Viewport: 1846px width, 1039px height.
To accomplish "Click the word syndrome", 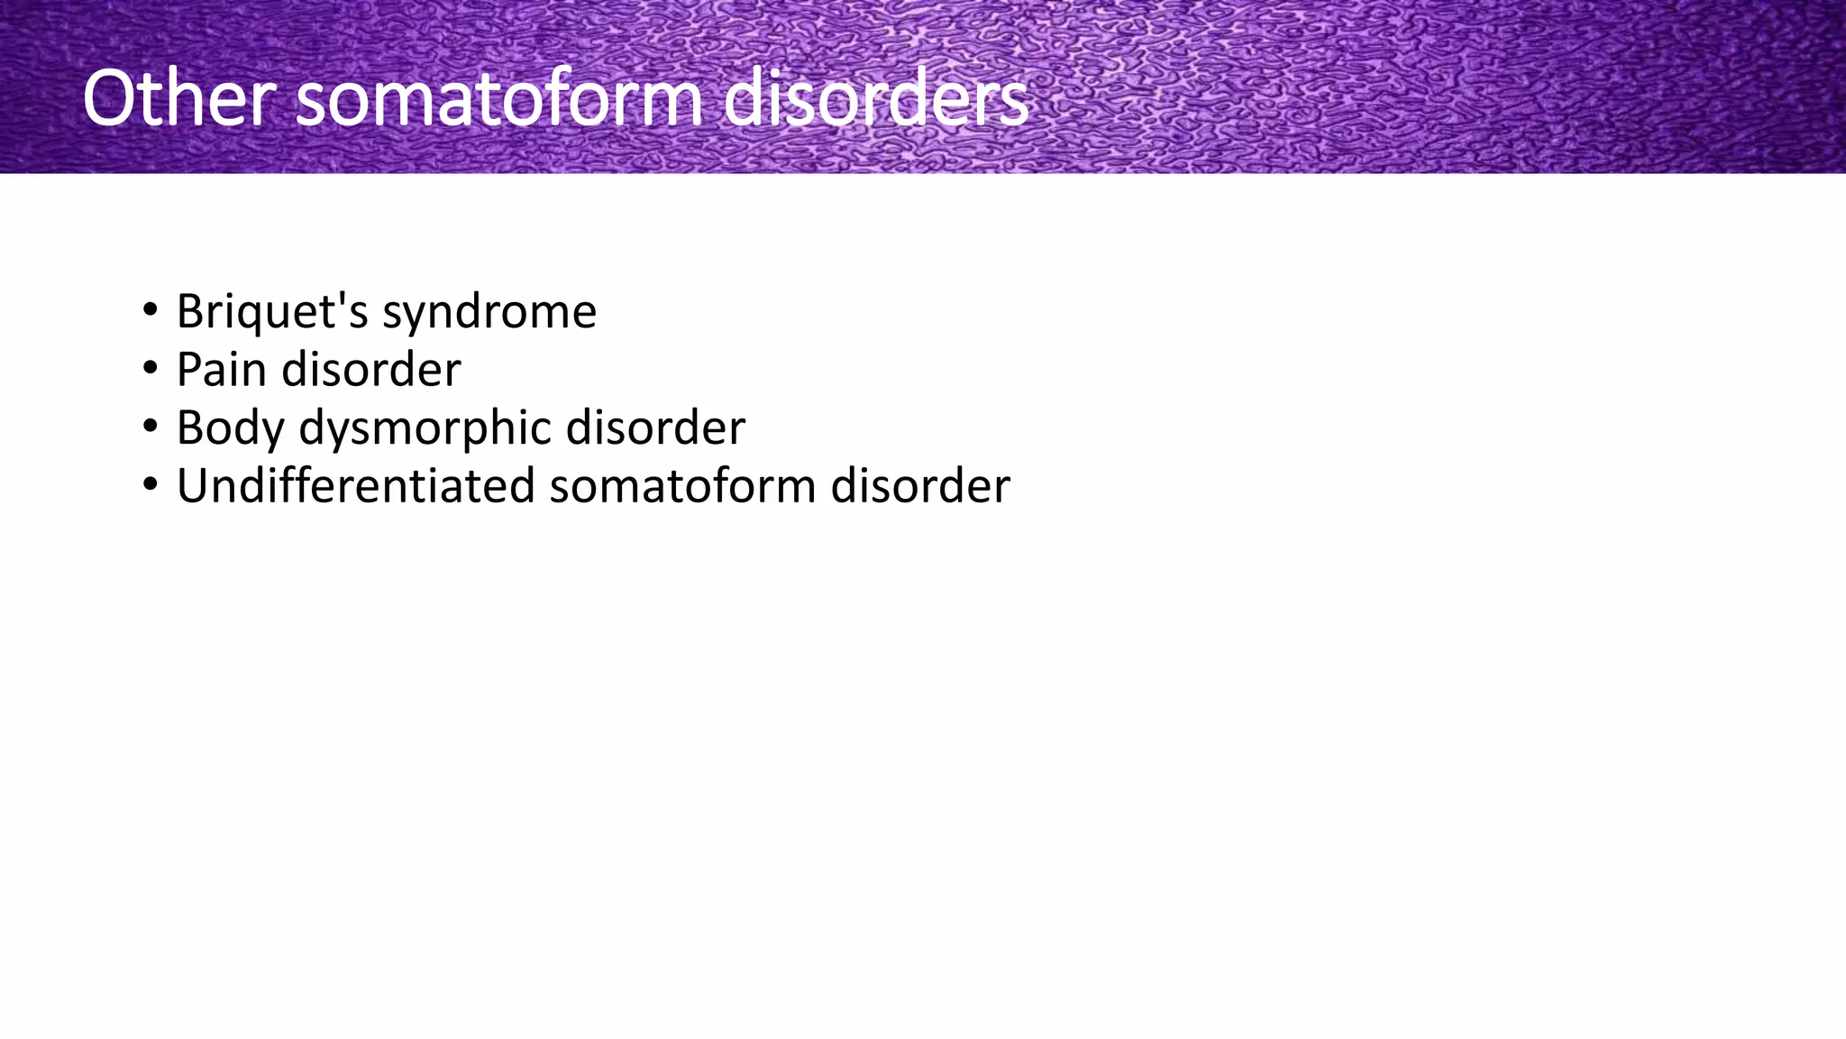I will [489, 312].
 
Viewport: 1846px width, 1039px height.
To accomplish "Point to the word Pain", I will [220, 370].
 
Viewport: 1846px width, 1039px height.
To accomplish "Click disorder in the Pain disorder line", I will [371, 370].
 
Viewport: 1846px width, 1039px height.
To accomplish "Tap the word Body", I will [229, 428].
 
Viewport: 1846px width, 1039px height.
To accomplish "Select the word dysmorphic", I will [425, 428].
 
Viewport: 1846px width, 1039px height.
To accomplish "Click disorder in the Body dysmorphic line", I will [655, 428].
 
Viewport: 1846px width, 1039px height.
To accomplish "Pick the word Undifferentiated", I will [356, 486].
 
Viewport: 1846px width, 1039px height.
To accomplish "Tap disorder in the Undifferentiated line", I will [920, 486].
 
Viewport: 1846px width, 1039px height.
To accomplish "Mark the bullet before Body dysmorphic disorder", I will [150, 428].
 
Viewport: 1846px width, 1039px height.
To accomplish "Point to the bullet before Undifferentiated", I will [150, 486].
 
